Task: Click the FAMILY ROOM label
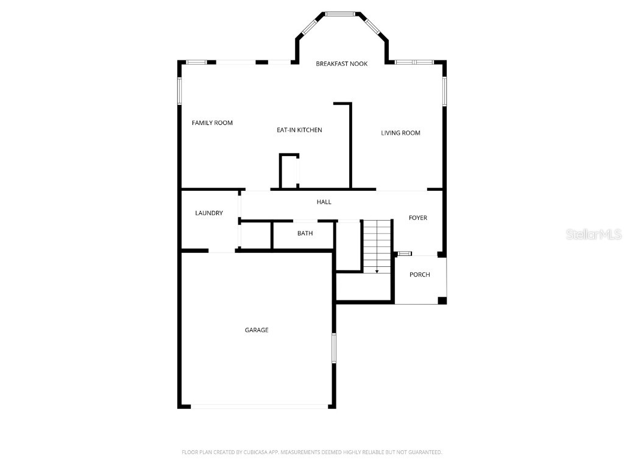(x=212, y=123)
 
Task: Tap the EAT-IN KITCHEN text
(x=299, y=130)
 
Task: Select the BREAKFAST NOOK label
(x=341, y=63)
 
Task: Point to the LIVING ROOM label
(x=400, y=133)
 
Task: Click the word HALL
(x=324, y=202)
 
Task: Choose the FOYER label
(x=418, y=218)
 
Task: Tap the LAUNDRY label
(x=209, y=213)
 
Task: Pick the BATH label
(x=305, y=233)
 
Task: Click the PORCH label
(x=419, y=275)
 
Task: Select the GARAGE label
(x=257, y=330)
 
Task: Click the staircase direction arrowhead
(x=377, y=271)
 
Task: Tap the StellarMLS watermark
(x=594, y=234)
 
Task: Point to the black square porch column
(x=442, y=300)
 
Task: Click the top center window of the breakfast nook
(x=340, y=15)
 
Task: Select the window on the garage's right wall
(x=334, y=348)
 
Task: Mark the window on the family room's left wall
(x=180, y=91)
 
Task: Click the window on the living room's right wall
(x=444, y=91)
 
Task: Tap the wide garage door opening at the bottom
(x=260, y=406)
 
